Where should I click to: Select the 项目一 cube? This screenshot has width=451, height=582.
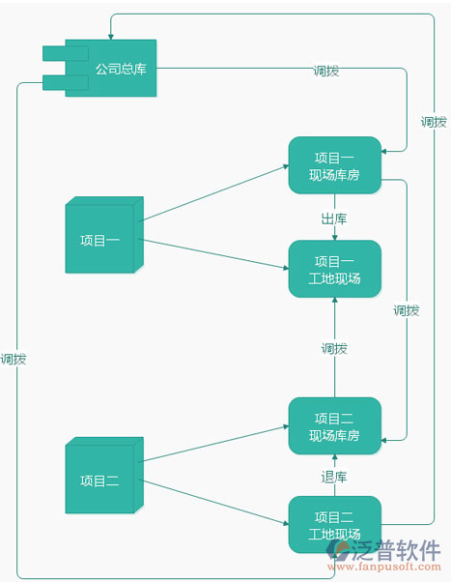pyautogui.click(x=100, y=240)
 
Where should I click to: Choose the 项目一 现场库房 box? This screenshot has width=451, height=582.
pyautogui.click(x=334, y=166)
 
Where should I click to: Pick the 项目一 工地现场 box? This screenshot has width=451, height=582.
pyautogui.click(x=334, y=270)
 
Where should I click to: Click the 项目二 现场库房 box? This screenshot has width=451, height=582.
pyautogui.click(x=334, y=426)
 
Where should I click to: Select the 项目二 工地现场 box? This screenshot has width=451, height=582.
pyautogui.click(x=334, y=525)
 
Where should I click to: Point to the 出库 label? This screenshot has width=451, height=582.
pyautogui.click(x=334, y=218)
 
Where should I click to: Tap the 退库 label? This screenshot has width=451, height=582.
pyautogui.click(x=334, y=477)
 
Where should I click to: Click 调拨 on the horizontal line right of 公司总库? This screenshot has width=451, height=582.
pyautogui.click(x=326, y=71)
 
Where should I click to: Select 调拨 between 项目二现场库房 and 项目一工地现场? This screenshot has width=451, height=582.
pyautogui.click(x=334, y=348)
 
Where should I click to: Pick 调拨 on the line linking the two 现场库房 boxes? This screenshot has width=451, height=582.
pyautogui.click(x=407, y=310)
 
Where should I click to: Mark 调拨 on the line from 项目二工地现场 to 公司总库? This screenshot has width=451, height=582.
pyautogui.click(x=14, y=359)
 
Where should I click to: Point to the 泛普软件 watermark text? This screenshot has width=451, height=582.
pyautogui.click(x=397, y=548)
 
